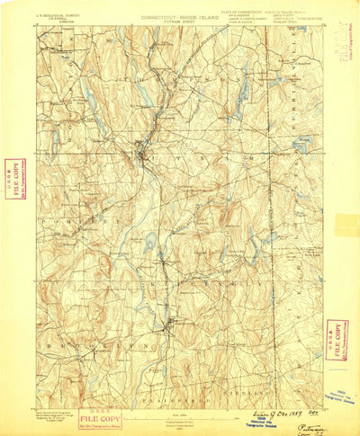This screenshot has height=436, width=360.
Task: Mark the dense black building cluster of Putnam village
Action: coord(139,149)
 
